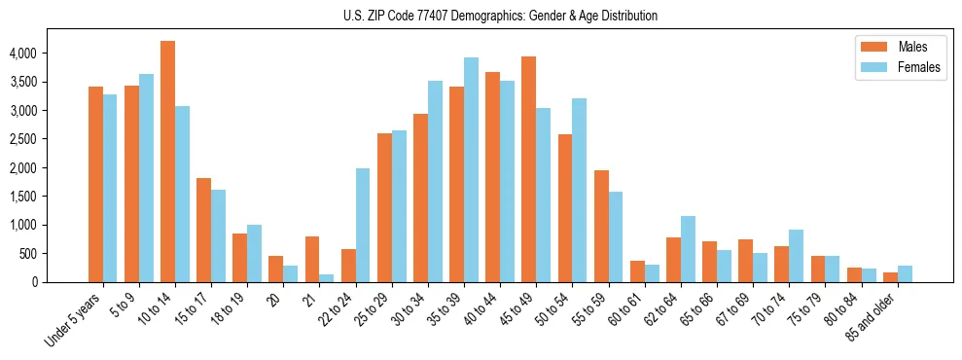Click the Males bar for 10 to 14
[x=167, y=162]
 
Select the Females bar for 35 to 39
[x=471, y=170]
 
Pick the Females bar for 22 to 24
[x=362, y=226]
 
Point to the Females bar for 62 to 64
[x=688, y=249]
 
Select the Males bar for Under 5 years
[x=95, y=185]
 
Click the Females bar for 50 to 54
[x=579, y=191]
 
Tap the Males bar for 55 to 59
[x=601, y=227]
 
